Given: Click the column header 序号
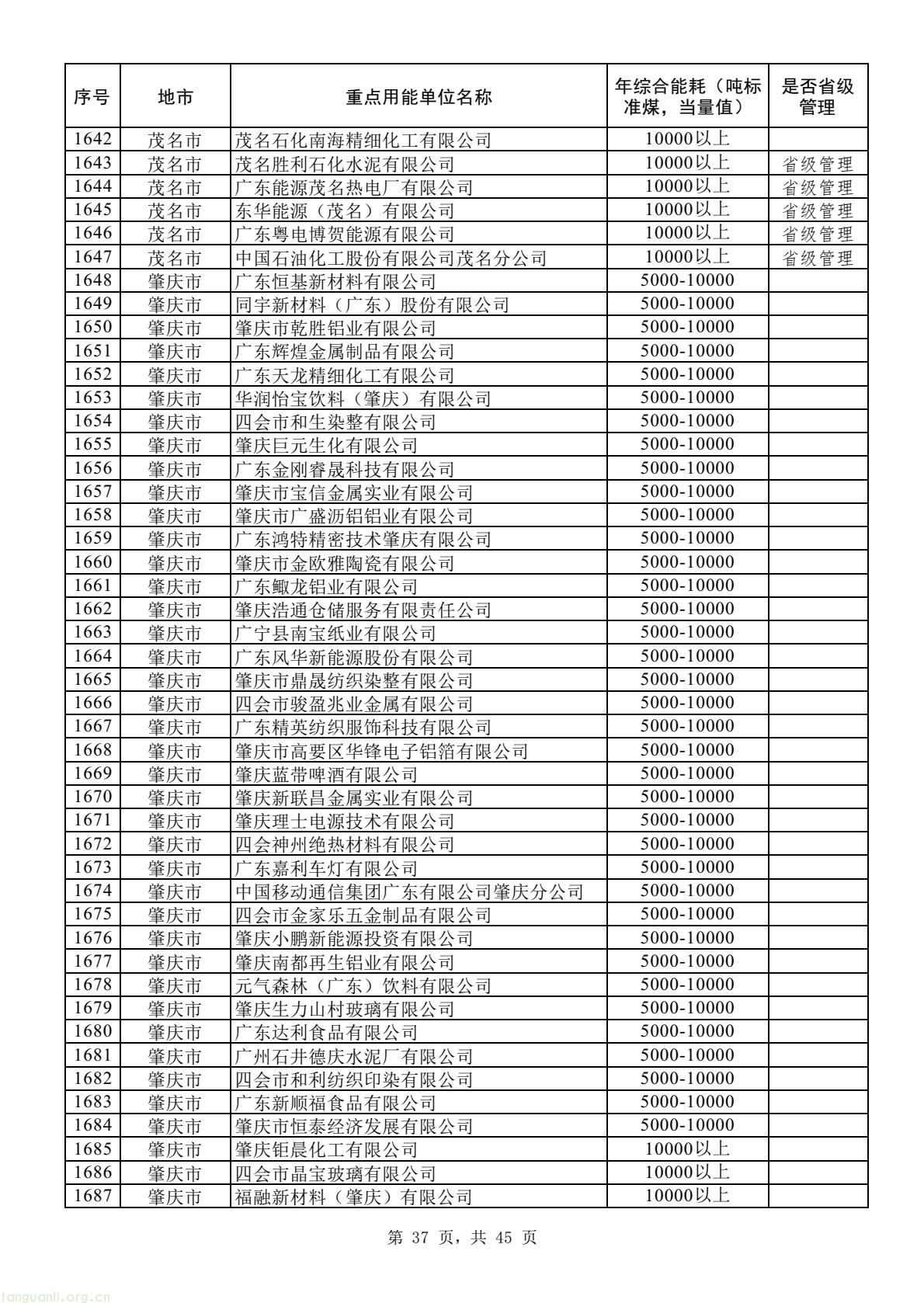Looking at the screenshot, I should coord(92,97).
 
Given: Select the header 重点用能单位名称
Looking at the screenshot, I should coord(418,97).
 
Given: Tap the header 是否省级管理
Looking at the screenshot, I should coord(818,97).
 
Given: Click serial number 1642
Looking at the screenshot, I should coord(92,140).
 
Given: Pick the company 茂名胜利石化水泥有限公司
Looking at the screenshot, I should coord(345,164).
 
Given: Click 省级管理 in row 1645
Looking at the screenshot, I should coord(818,210).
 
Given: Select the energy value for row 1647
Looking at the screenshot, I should coord(686,257).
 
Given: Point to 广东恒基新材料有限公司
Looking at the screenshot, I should coord(335,281).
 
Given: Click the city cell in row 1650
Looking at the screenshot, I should coord(175,328).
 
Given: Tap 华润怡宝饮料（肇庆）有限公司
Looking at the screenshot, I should coord(363,398).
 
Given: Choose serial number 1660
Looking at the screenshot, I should coord(92,562).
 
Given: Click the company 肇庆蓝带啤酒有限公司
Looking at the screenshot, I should coord(326,774).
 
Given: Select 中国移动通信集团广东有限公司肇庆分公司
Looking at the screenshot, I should coord(409,891).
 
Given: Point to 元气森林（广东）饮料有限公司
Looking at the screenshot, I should coord(363,985).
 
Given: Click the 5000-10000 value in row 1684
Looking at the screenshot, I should coord(686,1125).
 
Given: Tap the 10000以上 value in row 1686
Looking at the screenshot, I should coord(686,1173).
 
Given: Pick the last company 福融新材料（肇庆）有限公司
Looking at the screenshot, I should coord(354,1197).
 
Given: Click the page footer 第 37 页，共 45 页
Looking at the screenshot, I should coord(461,1238).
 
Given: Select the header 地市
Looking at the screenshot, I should coord(175,97).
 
